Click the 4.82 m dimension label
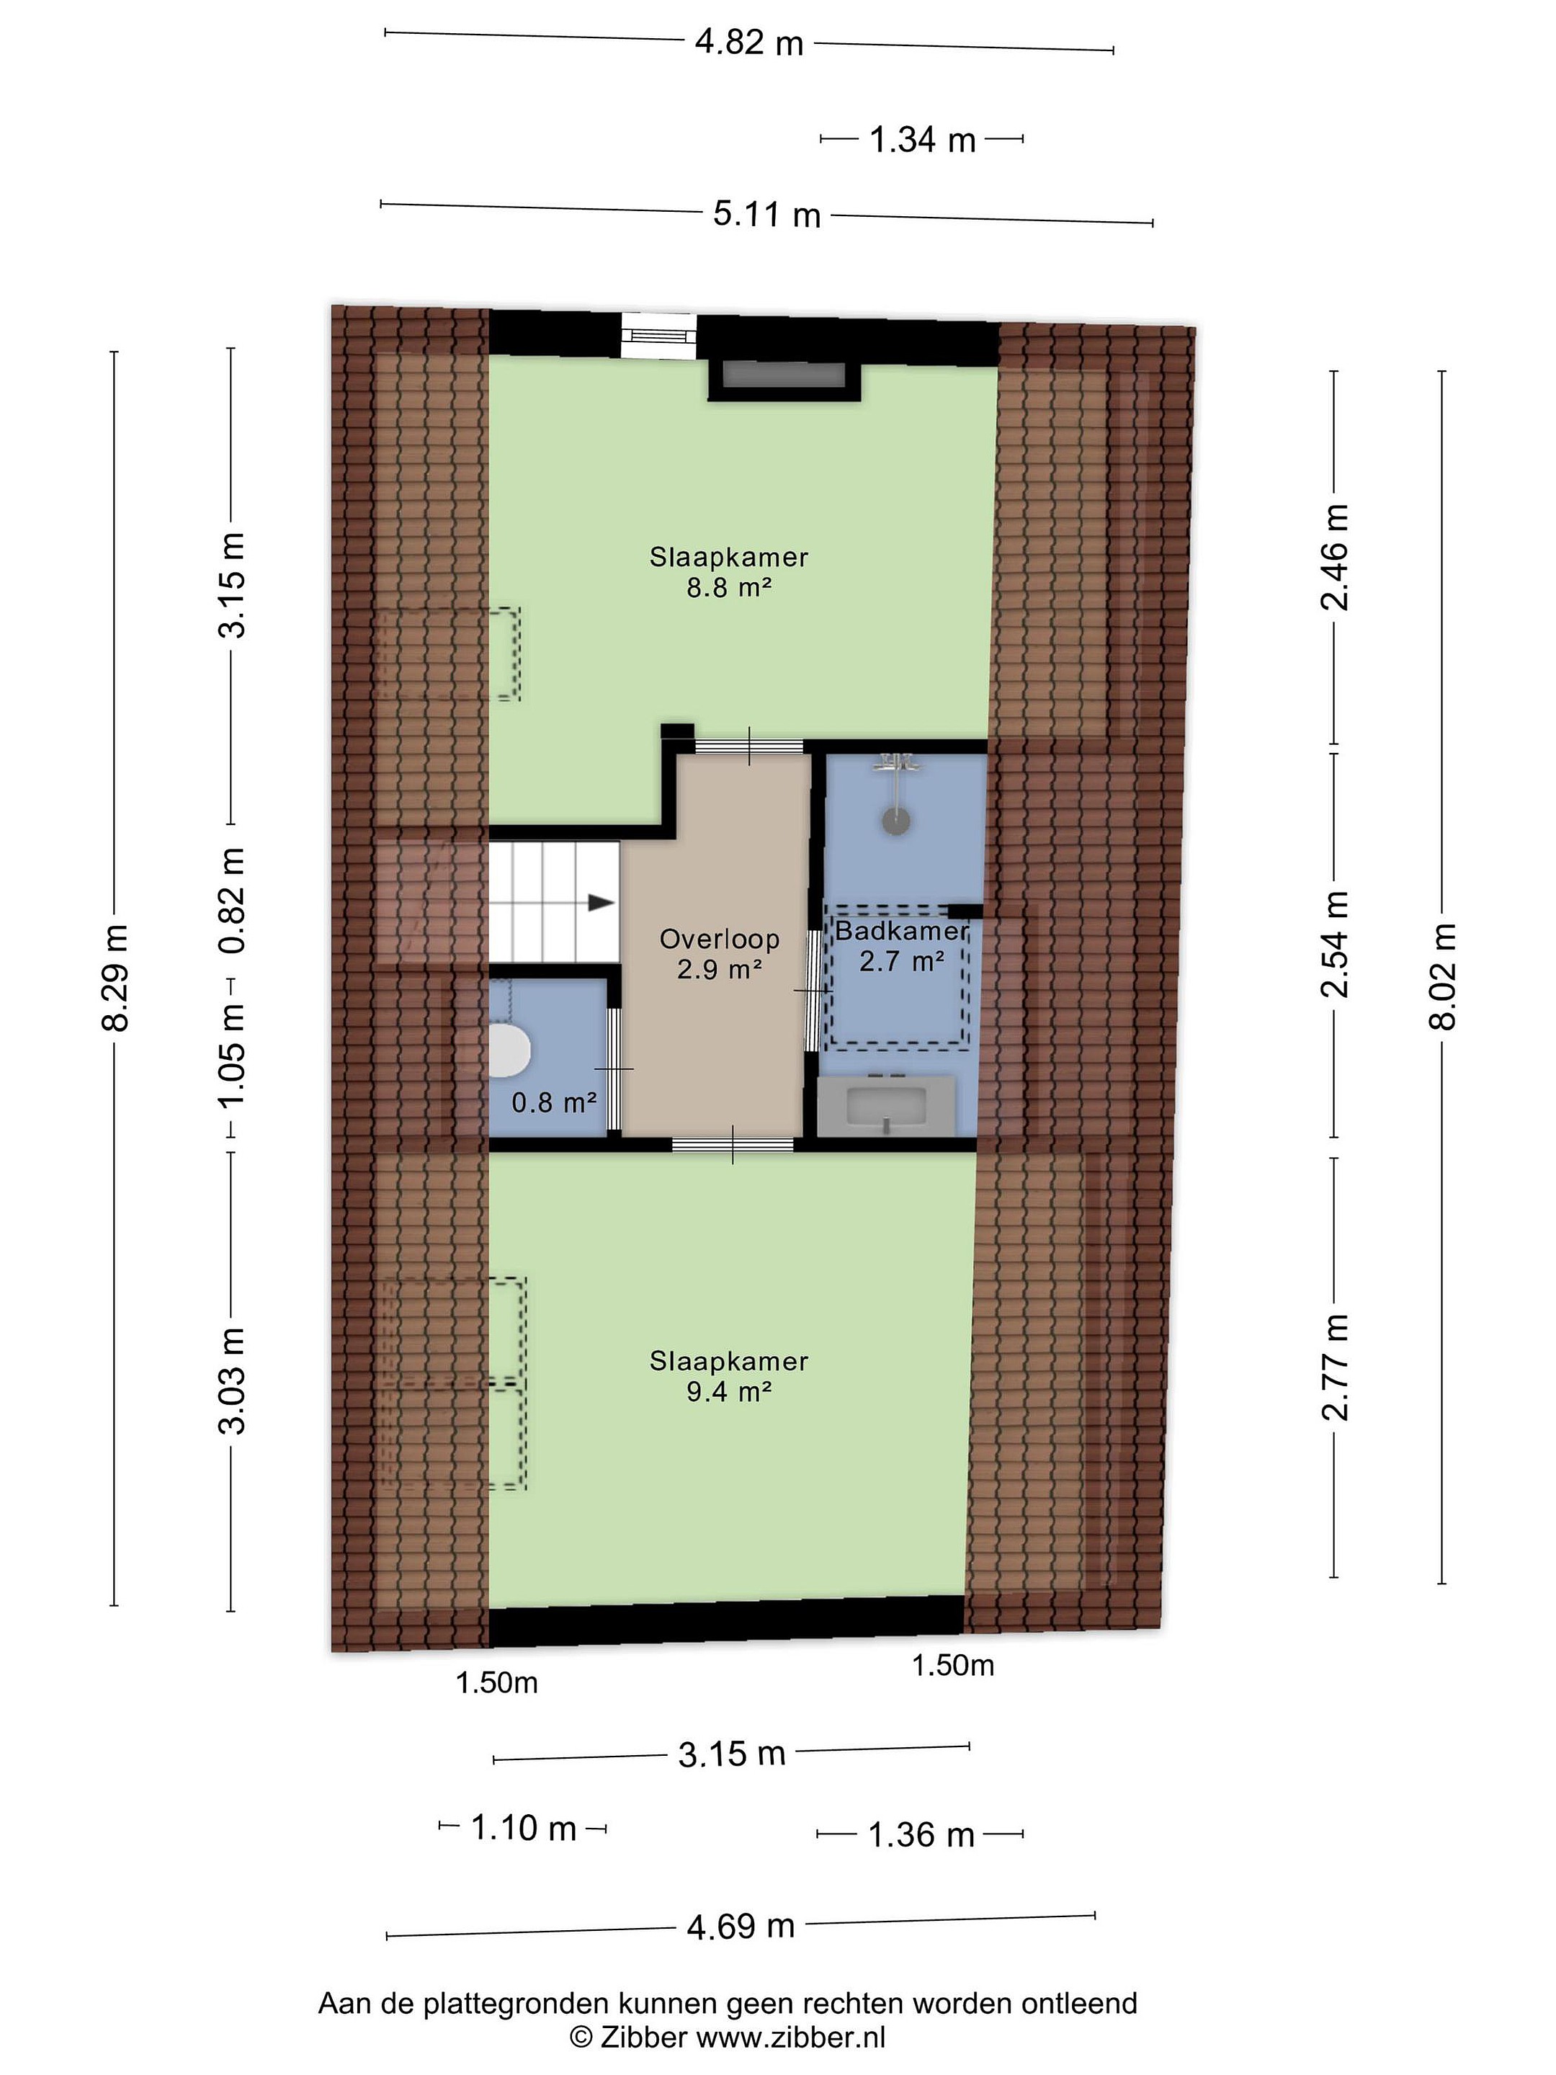pos(748,43)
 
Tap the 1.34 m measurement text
pos(923,140)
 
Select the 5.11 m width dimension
pos(766,214)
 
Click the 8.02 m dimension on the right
pos(1442,976)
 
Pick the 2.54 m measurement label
pos(1335,944)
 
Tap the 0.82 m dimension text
pos(232,901)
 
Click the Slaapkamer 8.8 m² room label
pos(729,572)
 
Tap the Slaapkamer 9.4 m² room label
pos(729,1376)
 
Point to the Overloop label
pos(720,939)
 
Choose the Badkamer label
pos(901,932)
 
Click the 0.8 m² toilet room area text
pos(553,1102)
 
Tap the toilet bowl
pos(509,1050)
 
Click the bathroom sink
pos(886,1107)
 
